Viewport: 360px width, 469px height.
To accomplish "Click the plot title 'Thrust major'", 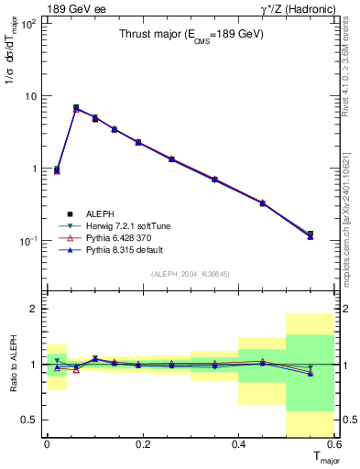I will point(178,36).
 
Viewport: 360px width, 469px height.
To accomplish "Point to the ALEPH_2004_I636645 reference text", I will point(190,273).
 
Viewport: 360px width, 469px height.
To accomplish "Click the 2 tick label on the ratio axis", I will point(34,310).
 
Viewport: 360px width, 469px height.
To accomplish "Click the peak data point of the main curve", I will point(76,108).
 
